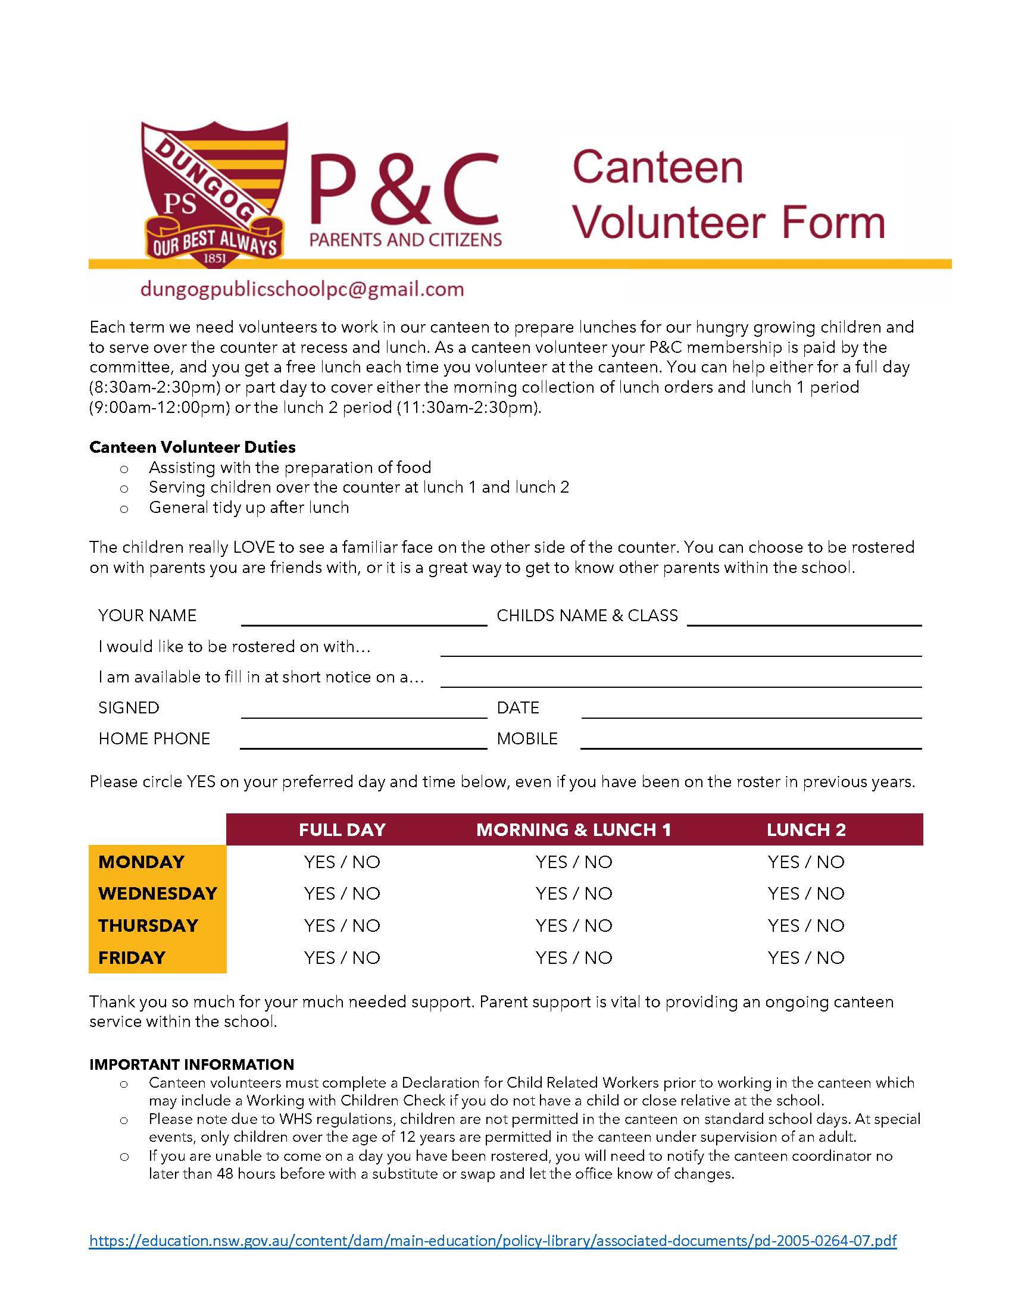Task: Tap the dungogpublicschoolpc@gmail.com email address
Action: [302, 290]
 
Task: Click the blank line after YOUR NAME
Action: [363, 619]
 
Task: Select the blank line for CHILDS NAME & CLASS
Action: [804, 619]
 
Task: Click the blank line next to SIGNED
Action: [363, 712]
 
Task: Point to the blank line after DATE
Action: [751, 712]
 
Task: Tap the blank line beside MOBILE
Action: [751, 742]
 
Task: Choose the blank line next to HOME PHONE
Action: [363, 742]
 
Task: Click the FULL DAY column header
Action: [342, 829]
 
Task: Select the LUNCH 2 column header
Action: [806, 829]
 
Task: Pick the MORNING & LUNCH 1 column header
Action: [574, 829]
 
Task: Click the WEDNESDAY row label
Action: [158, 893]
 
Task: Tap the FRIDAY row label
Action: [132, 957]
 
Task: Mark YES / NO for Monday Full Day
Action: [342, 862]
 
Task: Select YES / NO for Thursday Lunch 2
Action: [806, 925]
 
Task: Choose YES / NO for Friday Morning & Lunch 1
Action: [574, 957]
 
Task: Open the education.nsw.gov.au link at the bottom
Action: [493, 1240]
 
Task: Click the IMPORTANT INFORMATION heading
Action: [192, 1064]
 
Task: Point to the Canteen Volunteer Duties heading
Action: [192, 447]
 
